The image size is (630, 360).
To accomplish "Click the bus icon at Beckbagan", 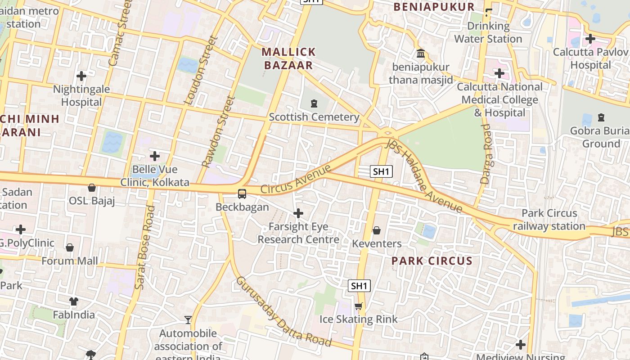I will [242, 194].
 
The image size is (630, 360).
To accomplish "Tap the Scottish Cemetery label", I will [314, 117].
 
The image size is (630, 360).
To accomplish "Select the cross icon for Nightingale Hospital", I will [81, 76].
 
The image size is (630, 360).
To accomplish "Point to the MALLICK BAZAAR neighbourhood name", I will [288, 58].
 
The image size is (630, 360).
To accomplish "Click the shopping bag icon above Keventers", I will [377, 231].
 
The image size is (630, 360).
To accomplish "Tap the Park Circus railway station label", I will [549, 220].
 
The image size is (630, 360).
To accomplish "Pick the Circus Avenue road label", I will [296, 180].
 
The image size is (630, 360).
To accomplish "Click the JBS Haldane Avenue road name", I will [423, 175].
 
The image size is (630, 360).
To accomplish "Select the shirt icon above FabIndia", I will [74, 301].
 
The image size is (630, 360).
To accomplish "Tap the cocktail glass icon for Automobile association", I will [188, 320].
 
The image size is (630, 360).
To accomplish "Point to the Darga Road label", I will [486, 154].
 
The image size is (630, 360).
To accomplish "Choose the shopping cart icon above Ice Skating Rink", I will [358, 306].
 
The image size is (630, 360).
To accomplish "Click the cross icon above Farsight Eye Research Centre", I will [298, 213].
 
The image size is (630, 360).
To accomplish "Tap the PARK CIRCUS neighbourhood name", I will [432, 261].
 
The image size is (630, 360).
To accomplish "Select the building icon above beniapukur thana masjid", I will [421, 54].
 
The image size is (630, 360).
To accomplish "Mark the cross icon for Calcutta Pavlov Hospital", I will [590, 39].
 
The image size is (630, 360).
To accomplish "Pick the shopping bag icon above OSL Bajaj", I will [92, 188].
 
